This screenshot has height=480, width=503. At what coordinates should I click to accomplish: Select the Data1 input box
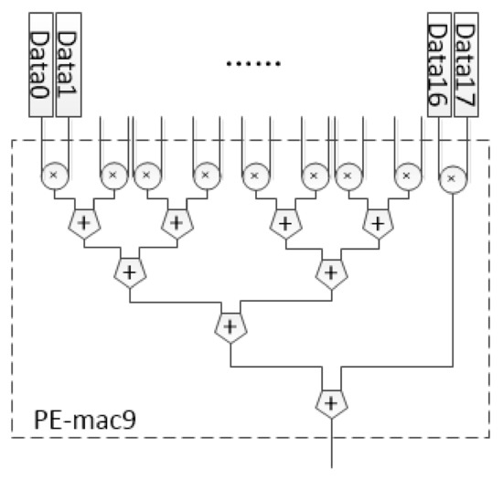pos(70,63)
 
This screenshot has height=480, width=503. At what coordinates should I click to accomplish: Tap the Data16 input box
pos(438,63)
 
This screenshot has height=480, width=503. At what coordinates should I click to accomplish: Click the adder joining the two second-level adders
pos(230,324)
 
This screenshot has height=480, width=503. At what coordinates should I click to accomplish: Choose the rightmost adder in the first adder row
pos(376,221)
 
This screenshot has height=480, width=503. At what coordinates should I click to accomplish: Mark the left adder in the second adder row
pos(129,272)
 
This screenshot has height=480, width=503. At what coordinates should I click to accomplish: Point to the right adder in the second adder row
pos(330,272)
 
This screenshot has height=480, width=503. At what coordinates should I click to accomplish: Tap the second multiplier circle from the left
pos(113,172)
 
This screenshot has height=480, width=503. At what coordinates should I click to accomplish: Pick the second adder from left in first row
pos(176,221)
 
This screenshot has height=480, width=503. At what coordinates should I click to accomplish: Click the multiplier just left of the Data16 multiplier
pos(407,172)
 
